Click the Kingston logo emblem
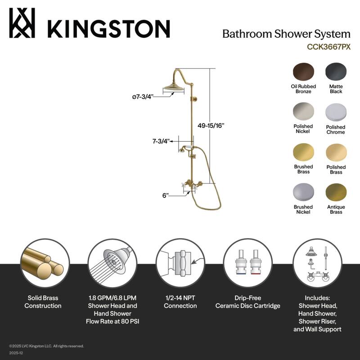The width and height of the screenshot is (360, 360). coord(22,23)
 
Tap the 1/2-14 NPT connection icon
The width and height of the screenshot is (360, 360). coord(180,263)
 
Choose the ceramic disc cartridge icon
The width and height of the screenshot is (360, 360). coord(248,263)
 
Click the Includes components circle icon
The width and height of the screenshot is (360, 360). coord(317,263)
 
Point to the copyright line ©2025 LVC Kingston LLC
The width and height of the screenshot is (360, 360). coord(47,346)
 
